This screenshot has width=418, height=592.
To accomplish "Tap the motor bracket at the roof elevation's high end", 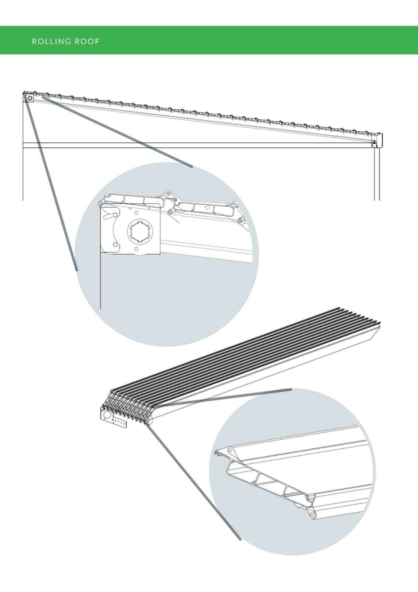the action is pyautogui.click(x=28, y=98).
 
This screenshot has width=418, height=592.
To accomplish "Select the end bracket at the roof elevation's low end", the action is pyautogui.click(x=377, y=140).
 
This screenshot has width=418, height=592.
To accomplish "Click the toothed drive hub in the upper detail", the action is pyautogui.click(x=140, y=232).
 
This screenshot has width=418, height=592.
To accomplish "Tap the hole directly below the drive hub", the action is pyautogui.click(x=136, y=249).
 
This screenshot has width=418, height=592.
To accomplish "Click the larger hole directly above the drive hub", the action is pyautogui.click(x=136, y=213).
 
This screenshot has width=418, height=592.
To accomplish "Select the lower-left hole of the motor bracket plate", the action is pyautogui.click(x=115, y=245).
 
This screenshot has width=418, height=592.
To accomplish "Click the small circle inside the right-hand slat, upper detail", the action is pyautogui.click(x=207, y=208).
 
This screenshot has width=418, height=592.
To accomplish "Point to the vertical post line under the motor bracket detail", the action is pyautogui.click(x=100, y=280).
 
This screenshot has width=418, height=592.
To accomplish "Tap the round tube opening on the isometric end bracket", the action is pyautogui.click(x=107, y=414).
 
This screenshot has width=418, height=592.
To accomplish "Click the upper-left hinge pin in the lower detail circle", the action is pyautogui.click(x=230, y=450).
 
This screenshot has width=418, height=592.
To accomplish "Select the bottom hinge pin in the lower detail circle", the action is pyautogui.click(x=313, y=515).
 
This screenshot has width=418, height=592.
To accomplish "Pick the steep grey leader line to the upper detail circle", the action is pyautogui.click(x=51, y=184).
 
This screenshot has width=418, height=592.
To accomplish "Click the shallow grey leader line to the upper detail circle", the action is pyautogui.click(x=118, y=132).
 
